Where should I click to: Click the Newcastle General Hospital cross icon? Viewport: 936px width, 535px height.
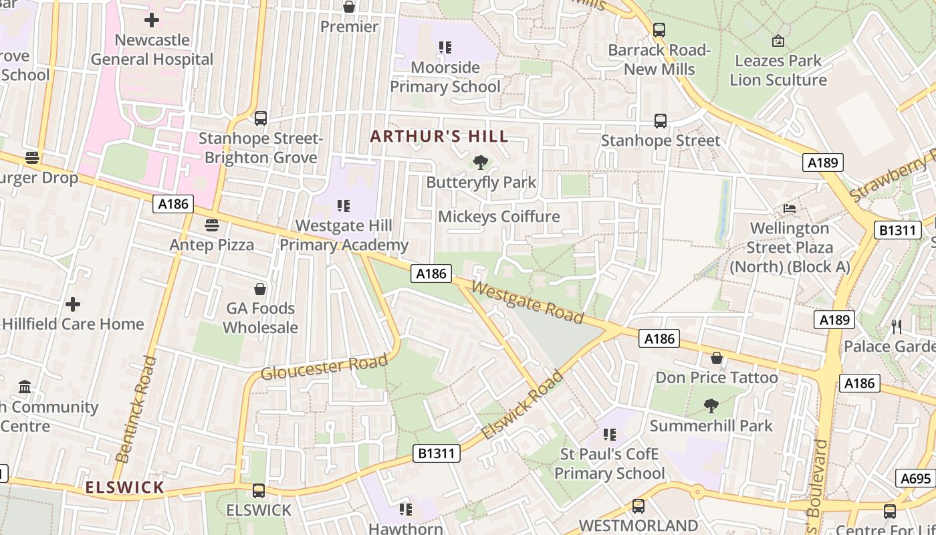coord(152,20)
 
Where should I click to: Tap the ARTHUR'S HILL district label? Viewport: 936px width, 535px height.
coord(439,137)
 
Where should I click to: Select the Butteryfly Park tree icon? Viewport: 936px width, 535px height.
coord(480,162)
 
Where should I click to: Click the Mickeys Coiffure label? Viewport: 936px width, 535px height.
coord(499,217)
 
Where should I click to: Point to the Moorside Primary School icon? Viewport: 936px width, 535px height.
coord(445,47)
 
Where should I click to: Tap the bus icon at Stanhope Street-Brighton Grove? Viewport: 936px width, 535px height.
coord(261,118)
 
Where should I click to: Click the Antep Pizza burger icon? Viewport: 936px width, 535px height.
coord(212,225)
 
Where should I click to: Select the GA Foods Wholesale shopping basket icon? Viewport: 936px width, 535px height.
coord(260,289)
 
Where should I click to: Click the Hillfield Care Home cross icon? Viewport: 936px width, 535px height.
coord(73,304)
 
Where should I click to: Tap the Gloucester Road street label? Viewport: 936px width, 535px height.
coord(324,367)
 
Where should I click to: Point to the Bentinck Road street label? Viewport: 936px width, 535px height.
coord(136,409)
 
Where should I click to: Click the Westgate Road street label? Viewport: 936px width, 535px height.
coord(528,302)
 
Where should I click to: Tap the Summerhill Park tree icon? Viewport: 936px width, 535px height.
coord(711,405)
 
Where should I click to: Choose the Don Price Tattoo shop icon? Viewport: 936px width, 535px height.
coord(717,358)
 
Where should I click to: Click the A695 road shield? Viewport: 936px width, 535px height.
coord(915,478)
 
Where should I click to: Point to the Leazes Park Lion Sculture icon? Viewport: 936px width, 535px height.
coord(778,41)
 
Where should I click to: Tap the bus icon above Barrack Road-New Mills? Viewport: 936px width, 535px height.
coord(659,30)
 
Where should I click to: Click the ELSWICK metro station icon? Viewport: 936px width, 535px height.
coord(259,491)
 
